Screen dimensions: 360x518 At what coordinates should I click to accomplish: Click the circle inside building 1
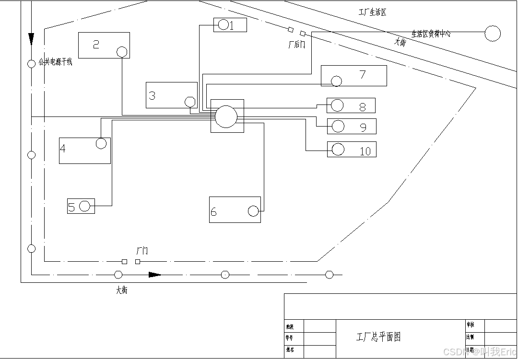(x=224, y=25)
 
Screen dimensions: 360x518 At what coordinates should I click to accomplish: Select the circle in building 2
(x=122, y=52)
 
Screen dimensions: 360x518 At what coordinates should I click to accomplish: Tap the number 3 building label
(x=152, y=95)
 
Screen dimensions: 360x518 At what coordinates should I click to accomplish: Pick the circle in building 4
(x=101, y=143)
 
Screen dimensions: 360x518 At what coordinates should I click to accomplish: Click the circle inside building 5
(x=85, y=206)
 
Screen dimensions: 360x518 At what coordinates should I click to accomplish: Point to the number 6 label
(x=214, y=212)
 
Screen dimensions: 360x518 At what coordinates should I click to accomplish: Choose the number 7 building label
(x=363, y=74)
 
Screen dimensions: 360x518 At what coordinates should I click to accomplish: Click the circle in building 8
(x=337, y=105)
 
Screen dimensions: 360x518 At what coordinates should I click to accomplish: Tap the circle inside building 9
(x=338, y=126)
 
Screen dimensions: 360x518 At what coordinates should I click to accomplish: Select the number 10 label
(x=365, y=151)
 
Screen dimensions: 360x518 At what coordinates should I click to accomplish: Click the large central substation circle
(x=226, y=116)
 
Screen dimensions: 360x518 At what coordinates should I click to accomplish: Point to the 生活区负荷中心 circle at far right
(x=493, y=34)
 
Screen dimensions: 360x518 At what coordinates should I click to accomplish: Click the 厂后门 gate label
(x=296, y=45)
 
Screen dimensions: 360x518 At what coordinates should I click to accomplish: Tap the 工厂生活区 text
(x=372, y=12)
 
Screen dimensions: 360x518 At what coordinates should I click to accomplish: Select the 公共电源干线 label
(x=55, y=62)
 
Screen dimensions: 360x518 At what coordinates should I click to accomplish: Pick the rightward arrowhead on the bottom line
(x=154, y=275)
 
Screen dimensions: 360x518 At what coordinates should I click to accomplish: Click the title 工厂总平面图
(x=378, y=337)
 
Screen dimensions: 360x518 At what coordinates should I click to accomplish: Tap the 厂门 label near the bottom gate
(x=142, y=251)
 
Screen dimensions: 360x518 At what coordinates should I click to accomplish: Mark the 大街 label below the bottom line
(x=122, y=290)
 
